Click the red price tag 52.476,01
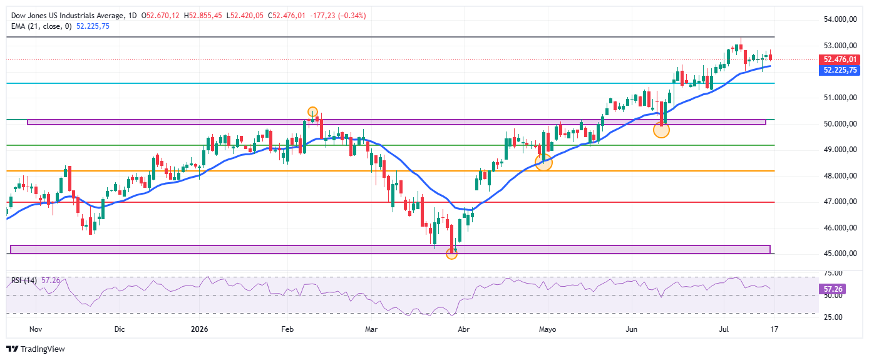[840, 59]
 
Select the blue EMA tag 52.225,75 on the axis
[840, 70]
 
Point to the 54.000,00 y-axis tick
[840, 19]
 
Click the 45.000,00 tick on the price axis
[840, 254]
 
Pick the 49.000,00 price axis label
[840, 150]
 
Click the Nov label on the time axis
[36, 329]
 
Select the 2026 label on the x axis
[199, 329]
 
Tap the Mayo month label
[547, 329]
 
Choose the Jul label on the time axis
[724, 329]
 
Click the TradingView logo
[36, 349]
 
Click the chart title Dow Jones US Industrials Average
[68, 16]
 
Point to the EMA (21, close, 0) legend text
[41, 26]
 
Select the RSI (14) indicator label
[24, 280]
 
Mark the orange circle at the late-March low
[451, 254]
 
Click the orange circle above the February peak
[312, 112]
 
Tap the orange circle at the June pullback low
[661, 130]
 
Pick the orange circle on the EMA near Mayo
[543, 162]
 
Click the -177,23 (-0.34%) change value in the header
[338, 16]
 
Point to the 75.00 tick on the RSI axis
[833, 273]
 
